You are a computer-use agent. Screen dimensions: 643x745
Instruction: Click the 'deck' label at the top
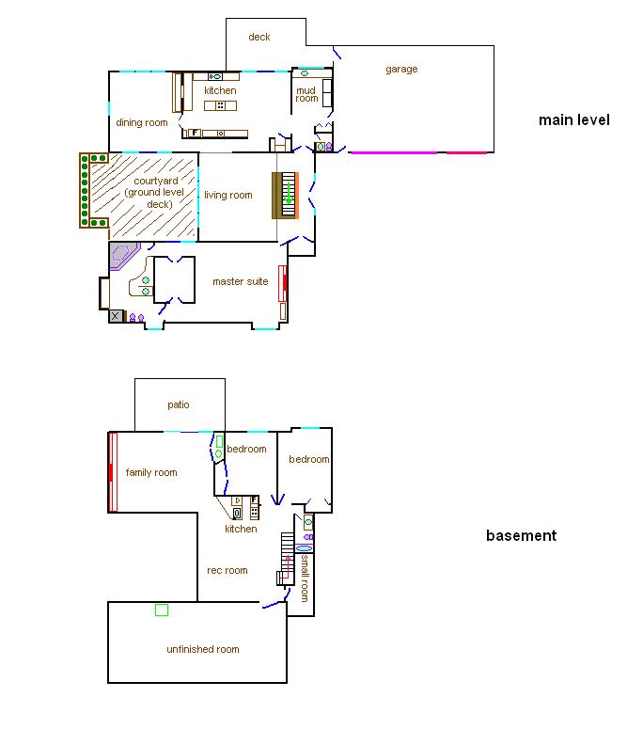(259, 37)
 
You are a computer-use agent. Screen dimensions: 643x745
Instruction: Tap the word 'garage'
(401, 70)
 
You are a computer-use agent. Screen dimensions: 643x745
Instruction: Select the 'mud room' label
(306, 94)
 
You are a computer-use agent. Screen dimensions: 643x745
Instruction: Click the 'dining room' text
(142, 122)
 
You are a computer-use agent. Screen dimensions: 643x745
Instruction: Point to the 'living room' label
(228, 196)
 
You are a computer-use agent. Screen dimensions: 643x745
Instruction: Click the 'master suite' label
(241, 281)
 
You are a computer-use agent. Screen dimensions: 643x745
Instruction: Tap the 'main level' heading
(574, 120)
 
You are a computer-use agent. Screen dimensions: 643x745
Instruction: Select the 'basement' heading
(522, 536)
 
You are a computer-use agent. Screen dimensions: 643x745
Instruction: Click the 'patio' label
(179, 404)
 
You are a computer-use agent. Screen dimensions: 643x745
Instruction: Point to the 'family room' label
(151, 472)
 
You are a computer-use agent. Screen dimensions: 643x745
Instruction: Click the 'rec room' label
(227, 570)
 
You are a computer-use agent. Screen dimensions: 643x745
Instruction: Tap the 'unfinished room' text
(203, 649)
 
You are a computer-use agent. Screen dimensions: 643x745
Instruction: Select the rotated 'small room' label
(305, 579)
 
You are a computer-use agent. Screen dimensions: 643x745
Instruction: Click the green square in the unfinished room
(162, 610)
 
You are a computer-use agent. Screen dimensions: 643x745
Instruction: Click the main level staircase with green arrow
(286, 196)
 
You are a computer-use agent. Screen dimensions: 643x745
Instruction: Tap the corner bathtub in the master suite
(122, 255)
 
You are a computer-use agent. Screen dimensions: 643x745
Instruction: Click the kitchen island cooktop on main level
(220, 105)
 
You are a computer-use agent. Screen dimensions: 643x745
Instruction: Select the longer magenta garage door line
(394, 152)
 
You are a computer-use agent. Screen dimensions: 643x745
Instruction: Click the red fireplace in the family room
(113, 472)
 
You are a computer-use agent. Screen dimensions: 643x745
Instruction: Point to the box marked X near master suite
(116, 316)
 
